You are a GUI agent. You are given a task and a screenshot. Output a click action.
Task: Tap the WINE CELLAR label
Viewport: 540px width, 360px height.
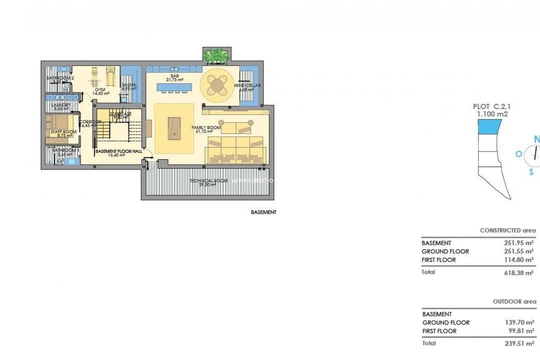coord(247,85)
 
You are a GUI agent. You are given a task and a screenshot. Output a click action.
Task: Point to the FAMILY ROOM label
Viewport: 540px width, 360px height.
coord(206,128)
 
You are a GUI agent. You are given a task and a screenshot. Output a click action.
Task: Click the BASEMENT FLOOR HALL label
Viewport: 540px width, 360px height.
coord(118,151)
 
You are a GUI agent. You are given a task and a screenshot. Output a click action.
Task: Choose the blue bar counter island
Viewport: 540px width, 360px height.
coord(173,87)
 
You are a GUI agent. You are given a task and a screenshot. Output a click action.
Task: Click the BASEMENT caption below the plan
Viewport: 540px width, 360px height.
coord(263,212)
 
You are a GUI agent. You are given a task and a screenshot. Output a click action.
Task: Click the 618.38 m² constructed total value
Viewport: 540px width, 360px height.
coord(518,272)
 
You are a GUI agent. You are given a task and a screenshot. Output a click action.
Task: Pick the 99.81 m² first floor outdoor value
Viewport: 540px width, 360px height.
coord(520,331)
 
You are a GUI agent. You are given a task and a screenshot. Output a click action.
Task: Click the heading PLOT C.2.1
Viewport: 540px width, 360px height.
coord(491,106)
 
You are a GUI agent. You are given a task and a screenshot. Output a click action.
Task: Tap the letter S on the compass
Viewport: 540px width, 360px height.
coord(531,171)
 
